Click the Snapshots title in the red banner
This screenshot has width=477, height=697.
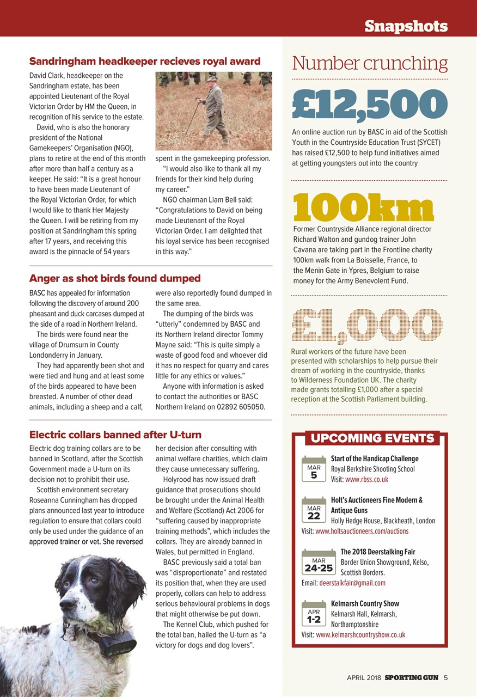pos(406,26)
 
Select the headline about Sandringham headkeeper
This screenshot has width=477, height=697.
pos(144,61)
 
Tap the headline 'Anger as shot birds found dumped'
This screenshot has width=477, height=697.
pos(114,278)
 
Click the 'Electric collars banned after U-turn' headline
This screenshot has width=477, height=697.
pos(115,435)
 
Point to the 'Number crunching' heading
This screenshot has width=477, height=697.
pos(370,64)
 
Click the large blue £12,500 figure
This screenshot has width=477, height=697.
pos(370,103)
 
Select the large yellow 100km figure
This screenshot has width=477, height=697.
pos(363,207)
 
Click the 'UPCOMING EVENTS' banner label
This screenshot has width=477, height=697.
pos(372,438)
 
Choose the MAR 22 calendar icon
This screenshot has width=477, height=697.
pos(314,511)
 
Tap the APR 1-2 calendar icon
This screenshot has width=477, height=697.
pos(314,615)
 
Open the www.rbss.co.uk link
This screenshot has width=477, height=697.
pos(366,479)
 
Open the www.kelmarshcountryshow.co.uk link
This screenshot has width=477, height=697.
pos(360,634)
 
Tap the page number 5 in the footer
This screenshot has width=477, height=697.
pos(445,678)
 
